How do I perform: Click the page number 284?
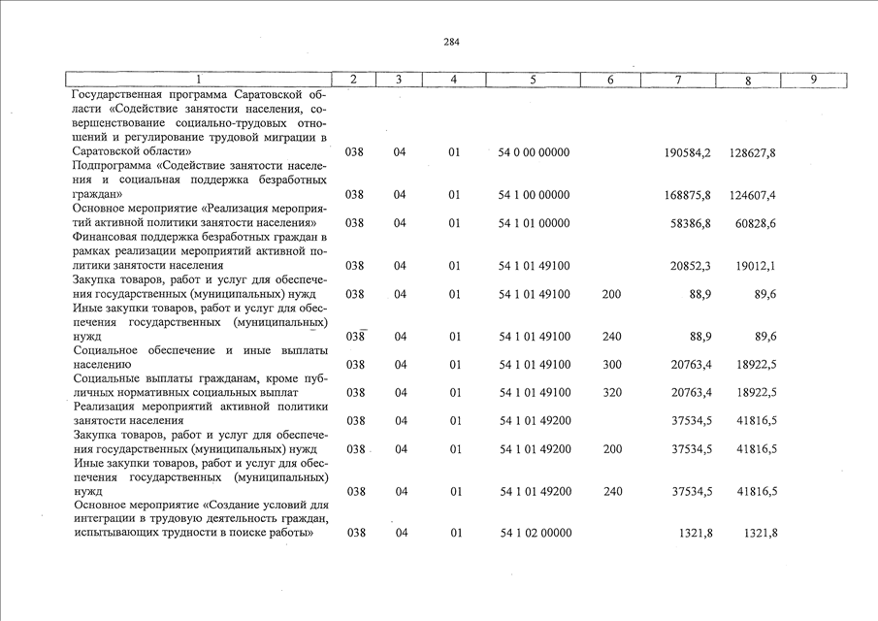point(451,42)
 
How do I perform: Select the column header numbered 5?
point(533,80)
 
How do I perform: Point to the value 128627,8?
point(753,153)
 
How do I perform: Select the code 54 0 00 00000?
point(535,153)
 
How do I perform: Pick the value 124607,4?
point(753,195)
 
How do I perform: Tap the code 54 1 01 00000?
point(535,223)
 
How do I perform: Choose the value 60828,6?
point(756,223)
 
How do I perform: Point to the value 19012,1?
point(756,265)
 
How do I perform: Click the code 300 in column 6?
point(611,365)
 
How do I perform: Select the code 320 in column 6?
point(611,392)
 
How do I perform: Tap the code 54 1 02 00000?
point(535,533)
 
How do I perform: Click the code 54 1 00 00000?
point(535,195)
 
